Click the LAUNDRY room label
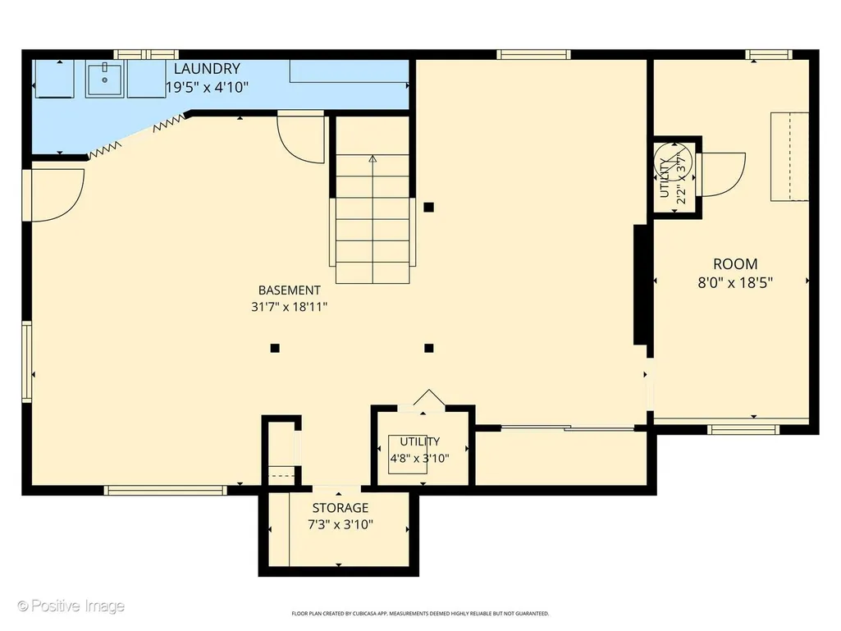(x=207, y=69)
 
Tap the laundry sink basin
(x=104, y=78)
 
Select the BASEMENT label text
(x=290, y=290)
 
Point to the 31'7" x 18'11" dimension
(x=289, y=307)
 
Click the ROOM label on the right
(x=735, y=264)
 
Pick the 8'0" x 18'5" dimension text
(x=735, y=283)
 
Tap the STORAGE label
(x=341, y=508)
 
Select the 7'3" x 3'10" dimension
(x=341, y=524)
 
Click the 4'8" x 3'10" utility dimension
(x=419, y=459)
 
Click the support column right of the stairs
(x=428, y=207)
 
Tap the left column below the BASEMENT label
(x=275, y=348)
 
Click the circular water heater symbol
(x=674, y=161)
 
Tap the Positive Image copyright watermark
(x=71, y=606)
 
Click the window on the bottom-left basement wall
(x=166, y=490)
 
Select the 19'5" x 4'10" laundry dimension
(x=207, y=87)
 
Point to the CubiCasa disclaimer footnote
(x=420, y=613)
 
